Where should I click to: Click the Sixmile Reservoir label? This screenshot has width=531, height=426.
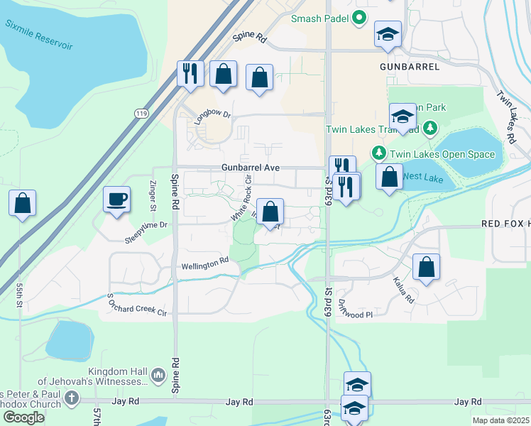40,35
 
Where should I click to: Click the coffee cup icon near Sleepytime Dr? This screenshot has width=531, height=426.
116,199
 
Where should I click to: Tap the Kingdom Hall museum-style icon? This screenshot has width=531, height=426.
158,374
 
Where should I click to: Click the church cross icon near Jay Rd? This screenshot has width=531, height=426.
71,398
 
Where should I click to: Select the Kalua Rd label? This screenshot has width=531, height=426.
403,290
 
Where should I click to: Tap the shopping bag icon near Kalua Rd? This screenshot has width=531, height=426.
426,268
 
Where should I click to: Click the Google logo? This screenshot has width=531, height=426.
23,417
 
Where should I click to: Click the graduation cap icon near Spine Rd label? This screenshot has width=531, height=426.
388,34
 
